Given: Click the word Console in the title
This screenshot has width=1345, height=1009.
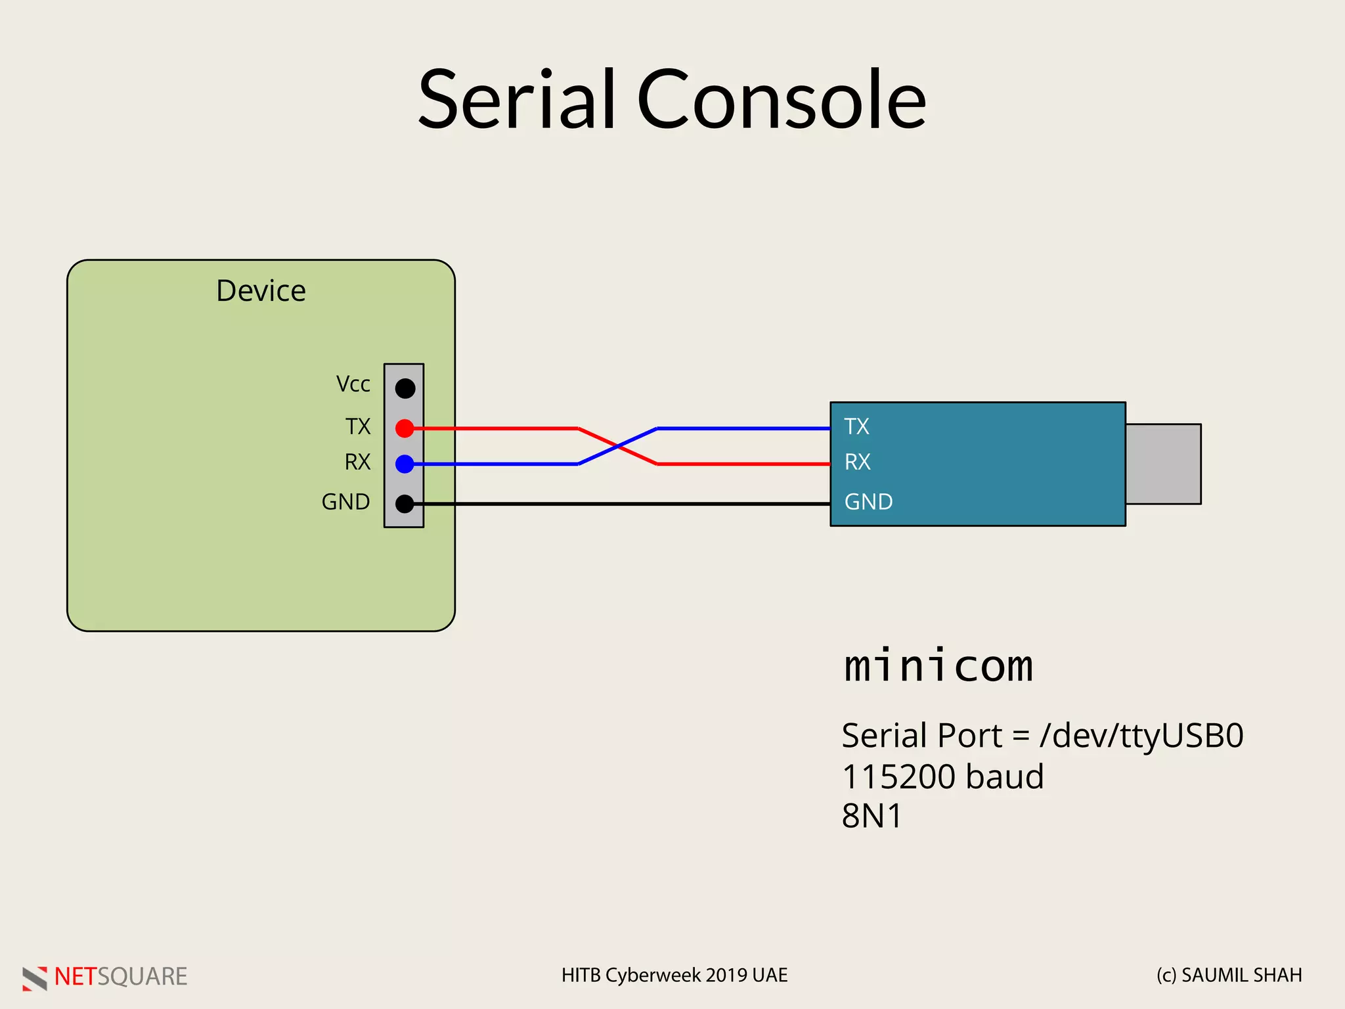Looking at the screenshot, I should pyautogui.click(x=781, y=100).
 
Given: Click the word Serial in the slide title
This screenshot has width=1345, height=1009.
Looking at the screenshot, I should pyautogui.click(x=517, y=100).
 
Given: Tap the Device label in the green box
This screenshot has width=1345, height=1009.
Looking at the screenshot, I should pyautogui.click(x=261, y=291).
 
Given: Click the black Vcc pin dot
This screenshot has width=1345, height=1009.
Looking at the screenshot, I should pyautogui.click(x=405, y=388).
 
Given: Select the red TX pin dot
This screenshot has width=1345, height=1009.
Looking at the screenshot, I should pyautogui.click(x=405, y=429).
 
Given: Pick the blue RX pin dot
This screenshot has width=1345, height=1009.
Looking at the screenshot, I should pyautogui.click(x=405, y=464).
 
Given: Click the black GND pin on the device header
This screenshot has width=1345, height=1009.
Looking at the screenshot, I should pyautogui.click(x=405, y=504).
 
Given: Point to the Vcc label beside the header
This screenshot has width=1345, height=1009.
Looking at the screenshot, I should pyautogui.click(x=353, y=384).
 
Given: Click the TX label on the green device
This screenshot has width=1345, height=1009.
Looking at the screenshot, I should pyautogui.click(x=358, y=427).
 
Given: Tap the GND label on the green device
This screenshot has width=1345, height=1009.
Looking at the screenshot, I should pyautogui.click(x=345, y=502).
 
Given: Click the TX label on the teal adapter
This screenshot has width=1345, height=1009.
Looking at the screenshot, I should pyautogui.click(x=856, y=427).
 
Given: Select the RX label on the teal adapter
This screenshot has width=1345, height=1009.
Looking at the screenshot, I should pyautogui.click(x=857, y=462).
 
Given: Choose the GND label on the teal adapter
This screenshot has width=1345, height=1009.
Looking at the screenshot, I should pyautogui.click(x=868, y=502).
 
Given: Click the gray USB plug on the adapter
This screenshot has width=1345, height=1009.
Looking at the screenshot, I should pyautogui.click(x=1163, y=464).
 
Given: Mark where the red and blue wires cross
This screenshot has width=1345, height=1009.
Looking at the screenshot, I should pyautogui.click(x=617, y=447).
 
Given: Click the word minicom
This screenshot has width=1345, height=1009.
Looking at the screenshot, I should pyautogui.click(x=938, y=665).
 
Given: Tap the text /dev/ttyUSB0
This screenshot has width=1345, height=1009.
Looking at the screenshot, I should pyautogui.click(x=1141, y=736).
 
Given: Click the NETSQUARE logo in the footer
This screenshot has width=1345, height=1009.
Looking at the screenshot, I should pyautogui.click(x=105, y=977).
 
